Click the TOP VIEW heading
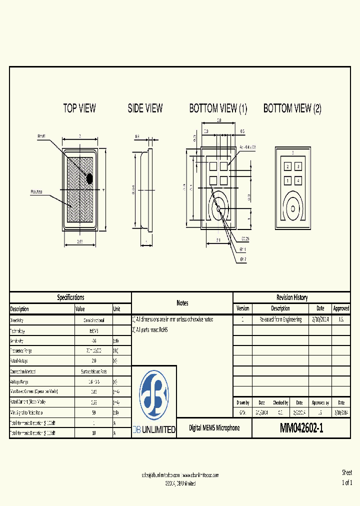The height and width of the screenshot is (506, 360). click(x=79, y=108)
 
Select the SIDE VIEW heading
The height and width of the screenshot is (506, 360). click(x=145, y=108)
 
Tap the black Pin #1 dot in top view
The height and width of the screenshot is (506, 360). click(x=90, y=178)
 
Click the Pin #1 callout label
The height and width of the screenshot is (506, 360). click(x=42, y=136)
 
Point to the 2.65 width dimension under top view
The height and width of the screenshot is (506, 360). click(x=80, y=241)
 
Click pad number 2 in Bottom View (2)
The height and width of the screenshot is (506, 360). click(x=287, y=166)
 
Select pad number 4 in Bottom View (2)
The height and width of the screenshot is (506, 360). click(x=298, y=180)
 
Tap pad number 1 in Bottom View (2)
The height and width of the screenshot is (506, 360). click(x=287, y=180)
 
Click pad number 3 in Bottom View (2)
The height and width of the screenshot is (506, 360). click(x=298, y=166)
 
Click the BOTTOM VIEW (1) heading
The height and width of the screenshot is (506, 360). click(x=218, y=108)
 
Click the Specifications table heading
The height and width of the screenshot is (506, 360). click(x=70, y=297)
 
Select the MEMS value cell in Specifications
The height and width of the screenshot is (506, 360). click(x=93, y=331)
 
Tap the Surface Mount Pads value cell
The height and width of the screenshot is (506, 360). click(x=93, y=371)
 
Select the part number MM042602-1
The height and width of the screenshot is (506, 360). click(x=301, y=428)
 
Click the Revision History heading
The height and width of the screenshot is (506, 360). click(x=292, y=297)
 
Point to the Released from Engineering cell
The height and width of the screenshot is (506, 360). click(x=280, y=319)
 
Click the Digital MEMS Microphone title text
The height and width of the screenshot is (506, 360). click(x=214, y=428)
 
